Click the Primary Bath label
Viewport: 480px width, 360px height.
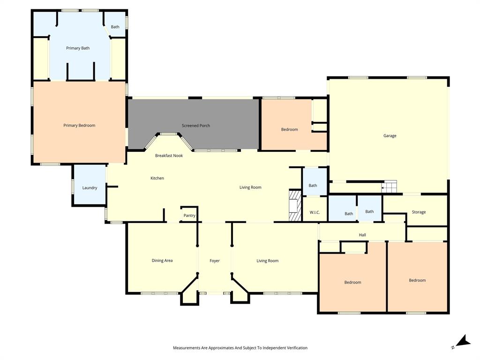pos(78,48)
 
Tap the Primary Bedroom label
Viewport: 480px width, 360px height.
pos(79,125)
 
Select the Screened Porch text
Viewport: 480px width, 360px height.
pos(196,126)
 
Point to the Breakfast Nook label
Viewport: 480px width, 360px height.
pos(169,155)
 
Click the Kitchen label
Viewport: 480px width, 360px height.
pos(157,178)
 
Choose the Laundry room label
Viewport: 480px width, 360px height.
pos(90,188)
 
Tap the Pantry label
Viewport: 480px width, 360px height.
pos(189,216)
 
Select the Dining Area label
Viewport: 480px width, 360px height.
pos(162,261)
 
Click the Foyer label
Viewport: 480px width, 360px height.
pos(214,261)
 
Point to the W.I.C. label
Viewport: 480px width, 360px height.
pos(315,213)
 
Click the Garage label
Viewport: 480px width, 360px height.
pos(390,136)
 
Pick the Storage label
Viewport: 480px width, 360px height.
pos(419,212)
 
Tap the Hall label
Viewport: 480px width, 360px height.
pos(362,235)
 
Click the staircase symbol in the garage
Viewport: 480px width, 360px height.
pos(389,186)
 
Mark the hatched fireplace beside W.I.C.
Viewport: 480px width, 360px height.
pos(294,205)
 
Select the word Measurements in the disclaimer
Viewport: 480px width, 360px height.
pos(187,348)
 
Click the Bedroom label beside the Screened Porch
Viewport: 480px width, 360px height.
pos(289,129)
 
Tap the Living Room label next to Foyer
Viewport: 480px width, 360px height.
pos(267,261)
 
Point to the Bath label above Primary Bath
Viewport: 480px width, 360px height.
pos(115,27)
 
